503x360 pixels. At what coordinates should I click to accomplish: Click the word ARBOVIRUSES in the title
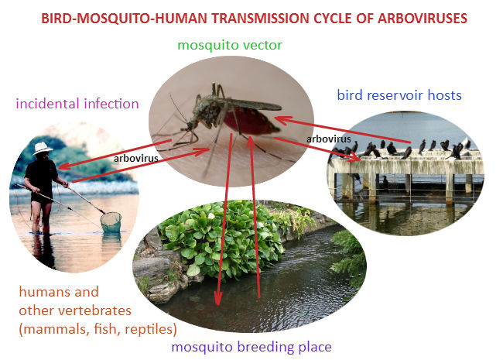pyautogui.click(x=423, y=19)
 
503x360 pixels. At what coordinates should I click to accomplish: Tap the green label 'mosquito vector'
pyautogui.click(x=230, y=45)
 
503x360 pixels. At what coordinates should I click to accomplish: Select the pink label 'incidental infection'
pyautogui.click(x=77, y=104)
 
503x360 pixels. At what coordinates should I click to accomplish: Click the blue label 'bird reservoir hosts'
pyautogui.click(x=399, y=95)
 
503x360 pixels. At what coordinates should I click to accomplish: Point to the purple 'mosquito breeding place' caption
pyautogui.click(x=251, y=347)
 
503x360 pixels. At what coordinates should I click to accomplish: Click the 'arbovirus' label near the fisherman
pyautogui.click(x=135, y=159)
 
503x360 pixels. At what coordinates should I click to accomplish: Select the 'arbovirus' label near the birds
pyautogui.click(x=328, y=139)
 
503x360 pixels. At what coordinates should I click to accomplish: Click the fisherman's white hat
pyautogui.click(x=43, y=148)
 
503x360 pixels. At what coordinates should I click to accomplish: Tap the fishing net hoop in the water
pyautogui.click(x=111, y=221)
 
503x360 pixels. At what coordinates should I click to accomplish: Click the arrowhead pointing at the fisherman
pyautogui.click(x=63, y=166)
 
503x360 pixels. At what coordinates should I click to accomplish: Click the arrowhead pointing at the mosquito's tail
pyautogui.click(x=280, y=120)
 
